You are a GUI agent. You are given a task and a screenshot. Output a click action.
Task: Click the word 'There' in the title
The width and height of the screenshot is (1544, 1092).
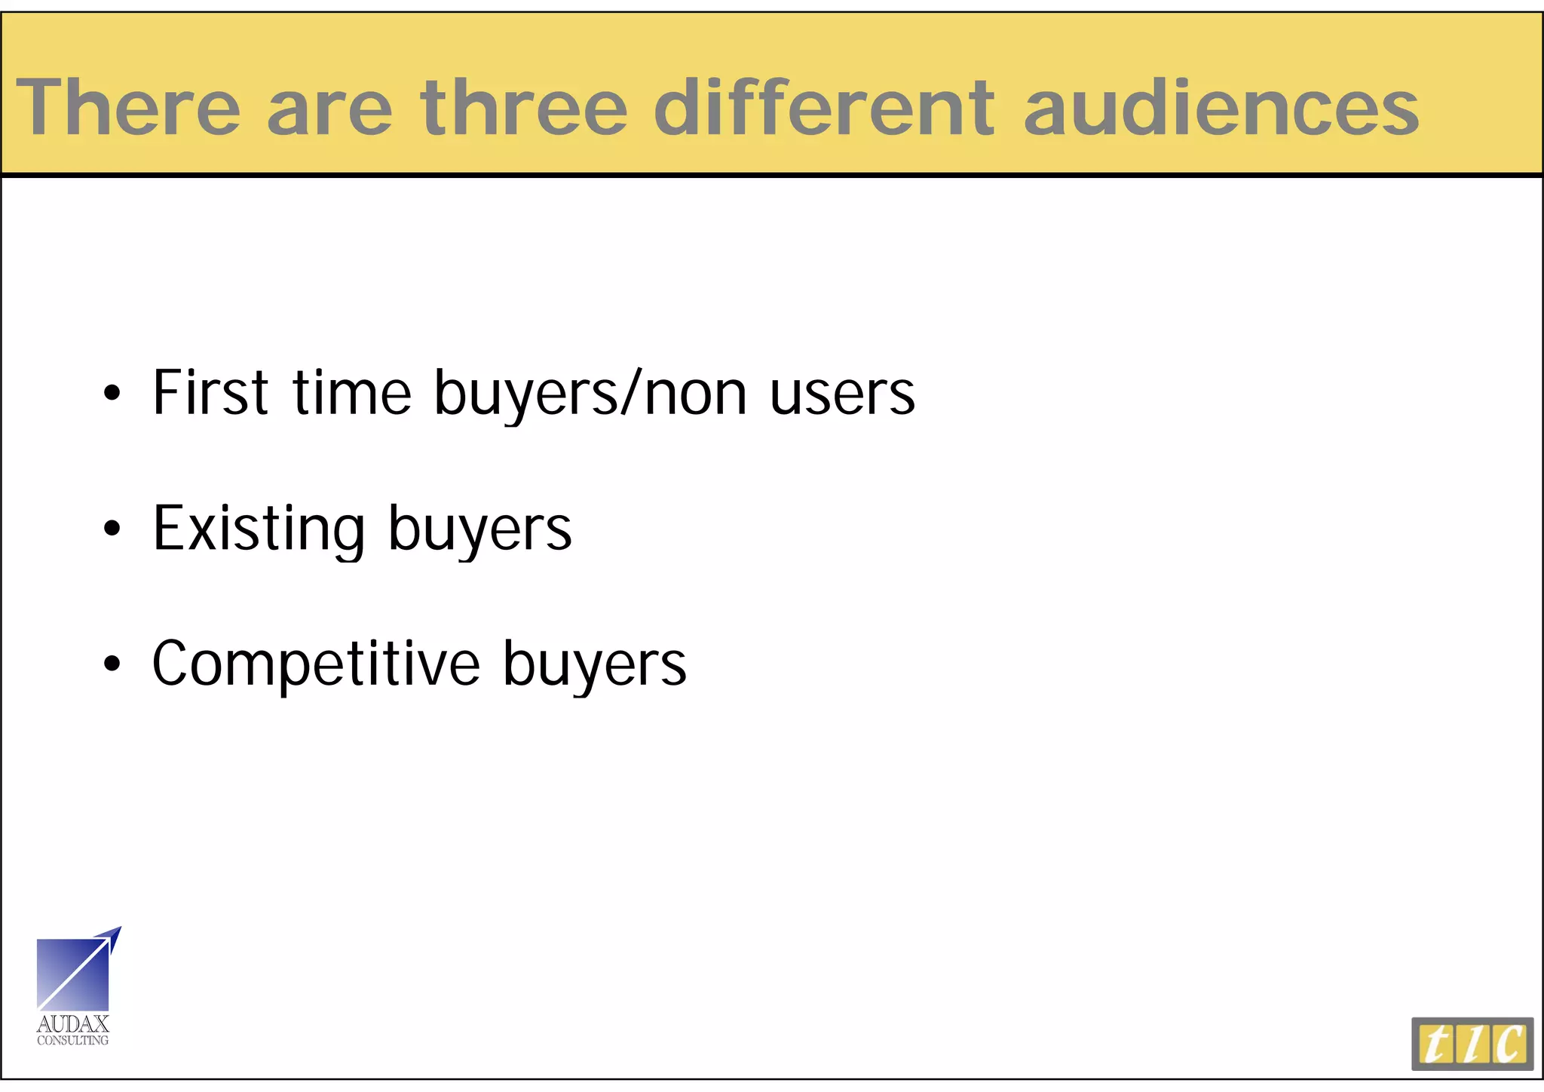point(128,107)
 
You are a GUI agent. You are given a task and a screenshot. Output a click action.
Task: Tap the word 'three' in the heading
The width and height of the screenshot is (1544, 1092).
point(524,107)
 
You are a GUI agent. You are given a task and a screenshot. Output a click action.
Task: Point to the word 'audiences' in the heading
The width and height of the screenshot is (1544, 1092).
point(1221,107)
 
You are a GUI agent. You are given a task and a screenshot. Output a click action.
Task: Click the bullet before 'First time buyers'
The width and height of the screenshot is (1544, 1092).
point(112,393)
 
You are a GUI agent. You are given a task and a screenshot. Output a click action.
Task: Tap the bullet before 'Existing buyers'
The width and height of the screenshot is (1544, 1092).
point(112,528)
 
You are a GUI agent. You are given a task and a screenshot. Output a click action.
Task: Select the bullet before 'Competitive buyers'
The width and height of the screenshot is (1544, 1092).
point(112,664)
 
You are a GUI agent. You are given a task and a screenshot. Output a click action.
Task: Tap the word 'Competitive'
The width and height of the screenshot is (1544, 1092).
point(316,664)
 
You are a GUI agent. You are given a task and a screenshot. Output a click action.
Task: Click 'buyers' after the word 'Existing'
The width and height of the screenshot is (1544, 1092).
point(479,531)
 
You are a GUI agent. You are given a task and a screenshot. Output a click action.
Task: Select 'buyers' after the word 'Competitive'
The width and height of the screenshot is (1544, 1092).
point(594,667)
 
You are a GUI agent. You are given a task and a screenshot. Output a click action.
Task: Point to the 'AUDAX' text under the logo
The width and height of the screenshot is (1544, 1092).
point(73,1024)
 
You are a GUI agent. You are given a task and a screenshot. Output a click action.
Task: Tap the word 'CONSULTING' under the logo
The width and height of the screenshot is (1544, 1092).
point(73,1041)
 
